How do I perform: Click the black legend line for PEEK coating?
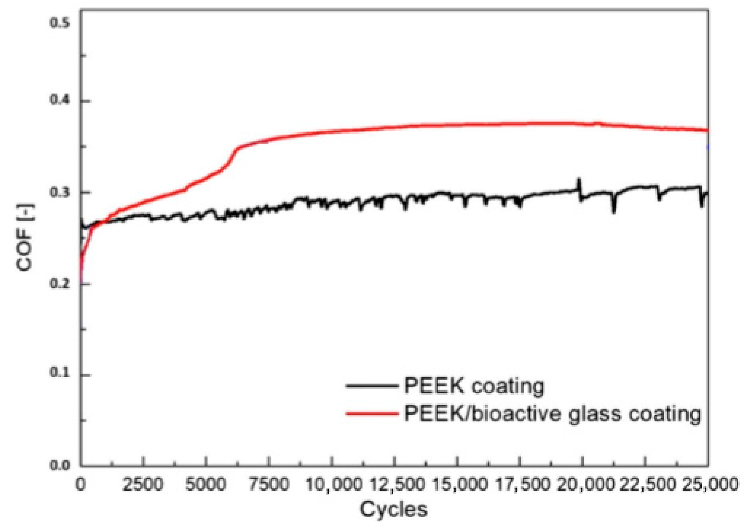[372, 386]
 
